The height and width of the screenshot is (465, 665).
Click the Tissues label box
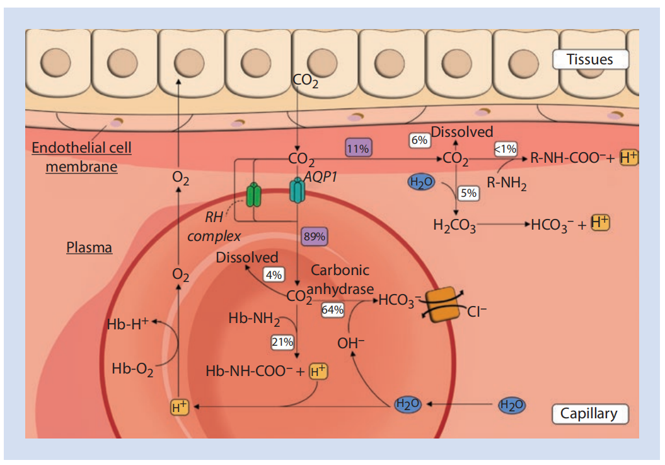pyautogui.click(x=590, y=59)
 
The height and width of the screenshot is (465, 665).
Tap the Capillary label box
pyautogui.click(x=590, y=414)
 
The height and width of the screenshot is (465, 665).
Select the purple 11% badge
pyautogui.click(x=357, y=149)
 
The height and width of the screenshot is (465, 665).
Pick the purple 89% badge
pyautogui.click(x=314, y=237)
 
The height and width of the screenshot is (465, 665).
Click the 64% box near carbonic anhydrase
pyautogui.click(x=333, y=310)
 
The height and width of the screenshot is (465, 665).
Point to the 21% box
pyautogui.click(x=282, y=342)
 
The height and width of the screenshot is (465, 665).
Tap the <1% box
pyautogui.click(x=505, y=149)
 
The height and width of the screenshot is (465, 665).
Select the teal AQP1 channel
pyautogui.click(x=296, y=191)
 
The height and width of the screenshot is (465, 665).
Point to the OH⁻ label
pyautogui.click(x=351, y=343)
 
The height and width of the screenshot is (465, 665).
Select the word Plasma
pyautogui.click(x=89, y=247)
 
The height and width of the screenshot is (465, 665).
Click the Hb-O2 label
pyautogui.click(x=132, y=368)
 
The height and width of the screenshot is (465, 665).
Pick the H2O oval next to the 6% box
pyautogui.click(x=422, y=182)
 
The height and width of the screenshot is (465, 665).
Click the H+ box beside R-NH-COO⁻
pyautogui.click(x=629, y=158)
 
